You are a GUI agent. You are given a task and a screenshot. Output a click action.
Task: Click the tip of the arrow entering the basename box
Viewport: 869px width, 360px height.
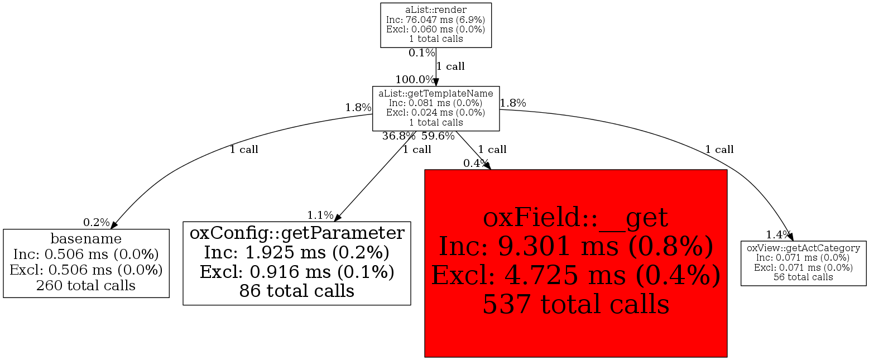click(x=111, y=229)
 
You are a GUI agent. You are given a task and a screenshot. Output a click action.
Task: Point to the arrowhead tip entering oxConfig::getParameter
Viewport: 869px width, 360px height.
click(x=335, y=222)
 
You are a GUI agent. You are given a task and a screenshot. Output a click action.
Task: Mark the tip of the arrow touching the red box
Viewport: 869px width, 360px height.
click(x=491, y=170)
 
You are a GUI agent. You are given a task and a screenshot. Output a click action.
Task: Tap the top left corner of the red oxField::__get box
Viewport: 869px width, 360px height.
click(x=425, y=170)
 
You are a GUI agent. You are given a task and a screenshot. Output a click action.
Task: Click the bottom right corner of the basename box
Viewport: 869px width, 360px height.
click(x=169, y=297)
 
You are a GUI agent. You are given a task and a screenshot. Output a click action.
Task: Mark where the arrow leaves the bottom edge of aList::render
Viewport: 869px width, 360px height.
click(x=436, y=47)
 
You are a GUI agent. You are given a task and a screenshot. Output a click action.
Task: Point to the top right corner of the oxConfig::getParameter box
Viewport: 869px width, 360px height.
click(x=410, y=222)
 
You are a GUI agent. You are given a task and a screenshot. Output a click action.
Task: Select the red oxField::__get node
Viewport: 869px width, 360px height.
click(x=576, y=263)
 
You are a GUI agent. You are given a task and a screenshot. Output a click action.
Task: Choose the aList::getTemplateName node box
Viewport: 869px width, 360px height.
click(x=436, y=108)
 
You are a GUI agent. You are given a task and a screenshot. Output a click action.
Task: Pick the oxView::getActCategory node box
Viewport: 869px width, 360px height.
click(x=804, y=263)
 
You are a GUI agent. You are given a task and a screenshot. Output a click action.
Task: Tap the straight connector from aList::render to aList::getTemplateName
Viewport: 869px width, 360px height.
click(x=436, y=67)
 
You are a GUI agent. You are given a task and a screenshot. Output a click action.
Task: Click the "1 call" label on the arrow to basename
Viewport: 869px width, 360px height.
click(x=244, y=150)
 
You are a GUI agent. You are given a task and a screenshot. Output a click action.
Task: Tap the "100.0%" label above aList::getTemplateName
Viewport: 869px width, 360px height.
click(x=415, y=79)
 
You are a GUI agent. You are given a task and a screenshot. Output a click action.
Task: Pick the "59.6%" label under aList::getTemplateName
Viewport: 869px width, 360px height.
click(x=438, y=136)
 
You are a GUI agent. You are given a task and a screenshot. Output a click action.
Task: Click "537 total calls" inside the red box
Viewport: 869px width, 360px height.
click(x=576, y=304)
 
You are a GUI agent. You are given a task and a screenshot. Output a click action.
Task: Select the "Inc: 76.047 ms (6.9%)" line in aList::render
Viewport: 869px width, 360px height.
click(x=436, y=20)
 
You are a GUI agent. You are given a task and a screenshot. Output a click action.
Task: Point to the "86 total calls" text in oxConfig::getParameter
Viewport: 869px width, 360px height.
click(x=297, y=291)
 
